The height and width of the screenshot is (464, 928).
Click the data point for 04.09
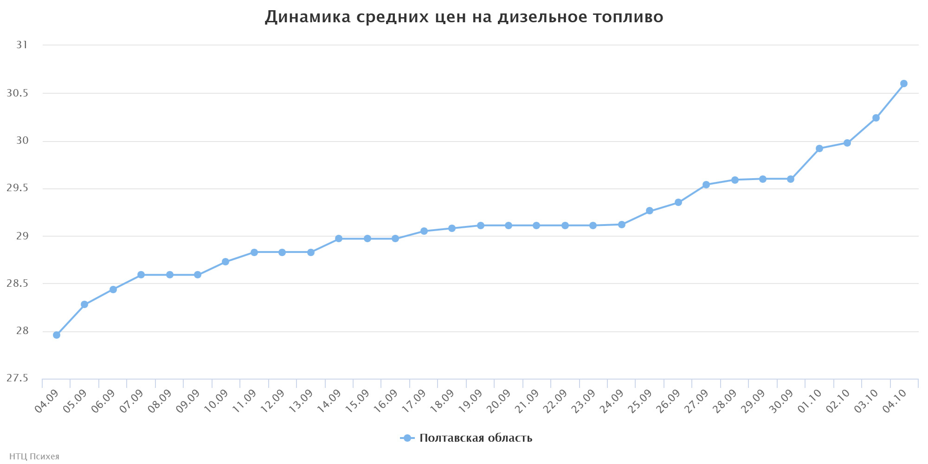click(57, 335)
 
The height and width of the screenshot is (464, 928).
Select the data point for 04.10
click(904, 84)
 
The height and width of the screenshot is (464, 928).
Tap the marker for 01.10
click(819, 148)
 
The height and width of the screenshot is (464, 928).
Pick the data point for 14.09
click(339, 238)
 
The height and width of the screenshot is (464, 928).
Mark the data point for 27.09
click(706, 185)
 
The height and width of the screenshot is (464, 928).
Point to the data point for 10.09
click(226, 262)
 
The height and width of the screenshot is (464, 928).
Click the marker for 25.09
click(650, 211)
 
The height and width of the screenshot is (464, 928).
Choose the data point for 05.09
click(84, 304)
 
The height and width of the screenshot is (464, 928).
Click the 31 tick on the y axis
click(22, 45)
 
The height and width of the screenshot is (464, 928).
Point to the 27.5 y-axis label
click(17, 379)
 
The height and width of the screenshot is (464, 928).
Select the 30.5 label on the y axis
click(17, 93)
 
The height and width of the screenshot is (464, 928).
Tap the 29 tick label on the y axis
click(22, 236)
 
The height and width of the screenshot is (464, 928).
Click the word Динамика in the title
click(308, 17)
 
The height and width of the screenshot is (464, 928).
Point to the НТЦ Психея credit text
click(34, 457)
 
